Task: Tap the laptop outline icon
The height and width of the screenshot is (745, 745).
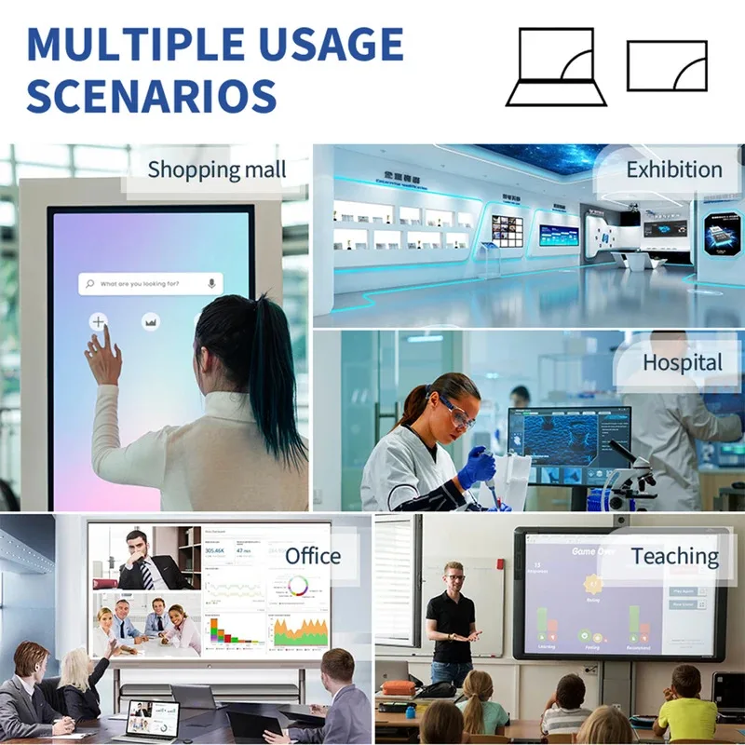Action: point(556,66)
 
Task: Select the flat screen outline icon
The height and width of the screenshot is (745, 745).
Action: point(667,65)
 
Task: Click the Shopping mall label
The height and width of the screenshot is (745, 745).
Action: point(216,170)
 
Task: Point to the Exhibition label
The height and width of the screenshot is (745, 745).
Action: point(673,170)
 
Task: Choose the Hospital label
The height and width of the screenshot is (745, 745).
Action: point(683,362)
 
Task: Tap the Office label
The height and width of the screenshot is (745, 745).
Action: point(313,556)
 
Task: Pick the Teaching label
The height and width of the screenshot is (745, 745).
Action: point(674,557)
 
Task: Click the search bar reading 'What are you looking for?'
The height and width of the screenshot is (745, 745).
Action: point(149,283)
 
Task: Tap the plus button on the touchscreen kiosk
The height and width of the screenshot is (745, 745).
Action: point(98,321)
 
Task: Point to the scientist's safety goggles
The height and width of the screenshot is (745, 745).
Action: point(455,414)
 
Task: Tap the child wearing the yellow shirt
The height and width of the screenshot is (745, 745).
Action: point(687,711)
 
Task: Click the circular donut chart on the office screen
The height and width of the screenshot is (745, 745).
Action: point(299,586)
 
